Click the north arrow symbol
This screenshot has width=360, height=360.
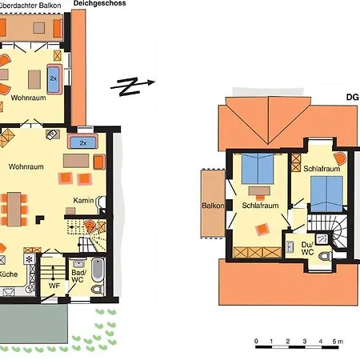coord(133,86)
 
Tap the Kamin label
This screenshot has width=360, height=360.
coord(83,200)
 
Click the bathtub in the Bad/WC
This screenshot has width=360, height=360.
coord(98,270)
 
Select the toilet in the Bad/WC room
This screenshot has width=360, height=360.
coord(98,289)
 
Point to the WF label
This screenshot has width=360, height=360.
coord(54,286)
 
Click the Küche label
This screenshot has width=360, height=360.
coord(8,274)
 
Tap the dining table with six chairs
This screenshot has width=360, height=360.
coord(14,210)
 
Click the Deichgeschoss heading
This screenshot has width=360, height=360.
coord(99,3)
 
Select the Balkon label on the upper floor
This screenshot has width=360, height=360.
coord(213,206)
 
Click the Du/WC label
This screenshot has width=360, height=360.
coord(307,248)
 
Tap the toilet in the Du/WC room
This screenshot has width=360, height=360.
coord(326,256)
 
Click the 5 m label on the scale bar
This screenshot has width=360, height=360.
coord(338,341)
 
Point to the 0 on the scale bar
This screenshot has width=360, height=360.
coord(256,341)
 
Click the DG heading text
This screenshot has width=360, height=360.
coord(353,98)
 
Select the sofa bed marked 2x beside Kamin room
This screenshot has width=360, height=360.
coord(83,141)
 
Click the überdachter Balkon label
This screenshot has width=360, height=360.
coord(30,5)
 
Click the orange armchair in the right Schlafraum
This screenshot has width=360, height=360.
coord(340,158)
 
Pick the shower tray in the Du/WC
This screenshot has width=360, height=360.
coord(322,238)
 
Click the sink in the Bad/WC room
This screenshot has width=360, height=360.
coord(78,263)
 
